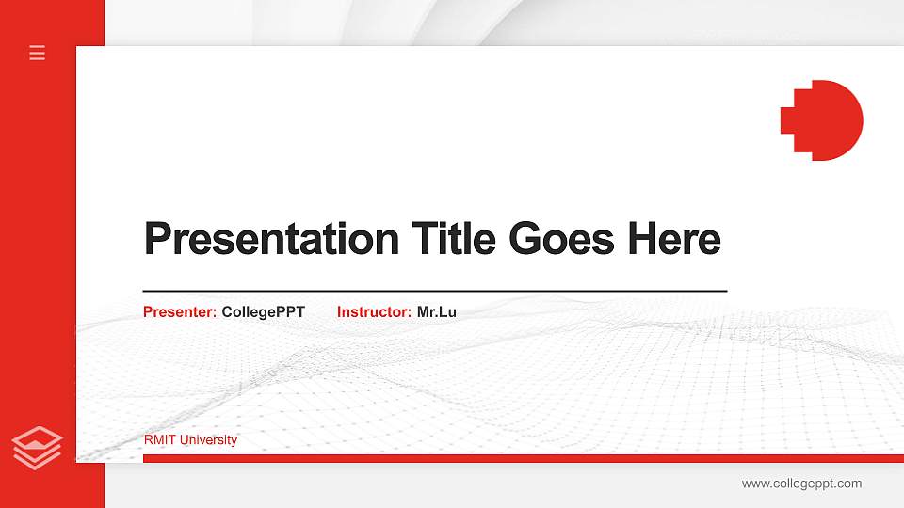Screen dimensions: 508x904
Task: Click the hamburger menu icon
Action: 38,53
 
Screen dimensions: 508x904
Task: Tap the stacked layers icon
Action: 38,447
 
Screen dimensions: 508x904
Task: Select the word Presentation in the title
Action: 271,239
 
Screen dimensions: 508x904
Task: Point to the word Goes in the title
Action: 563,239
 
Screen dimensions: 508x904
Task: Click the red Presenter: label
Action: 180,312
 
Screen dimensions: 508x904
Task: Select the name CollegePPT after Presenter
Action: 264,312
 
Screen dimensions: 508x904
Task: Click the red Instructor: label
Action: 374,312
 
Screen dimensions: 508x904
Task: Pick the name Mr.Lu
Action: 437,312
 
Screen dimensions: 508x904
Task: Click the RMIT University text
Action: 190,440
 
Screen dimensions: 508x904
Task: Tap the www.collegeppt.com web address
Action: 801,484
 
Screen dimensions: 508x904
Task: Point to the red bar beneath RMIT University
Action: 518,458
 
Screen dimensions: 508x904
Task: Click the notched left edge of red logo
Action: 789,120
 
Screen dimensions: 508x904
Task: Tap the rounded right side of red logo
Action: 847,120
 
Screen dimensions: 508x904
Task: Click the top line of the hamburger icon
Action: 38,46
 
